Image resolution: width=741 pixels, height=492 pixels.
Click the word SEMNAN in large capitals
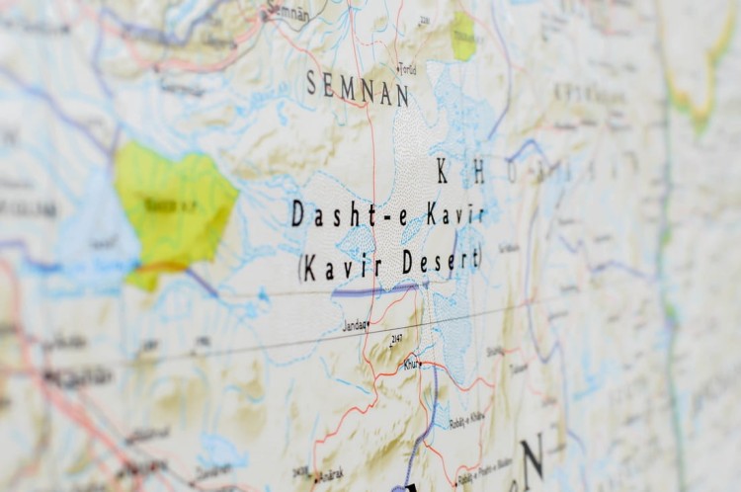coord(357,88)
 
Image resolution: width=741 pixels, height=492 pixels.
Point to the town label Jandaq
coord(354,323)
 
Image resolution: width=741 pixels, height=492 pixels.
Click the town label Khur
coord(409,364)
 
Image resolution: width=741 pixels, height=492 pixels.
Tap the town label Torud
coord(406,69)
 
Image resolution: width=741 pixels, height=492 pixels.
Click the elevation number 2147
coord(396,339)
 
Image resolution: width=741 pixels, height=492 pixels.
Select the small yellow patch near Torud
coord(463,36)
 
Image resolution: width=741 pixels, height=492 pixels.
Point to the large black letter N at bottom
coord(533,457)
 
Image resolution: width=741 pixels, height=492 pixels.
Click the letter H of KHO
coord(478,174)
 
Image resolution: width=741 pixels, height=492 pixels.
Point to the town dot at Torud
coord(395,71)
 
